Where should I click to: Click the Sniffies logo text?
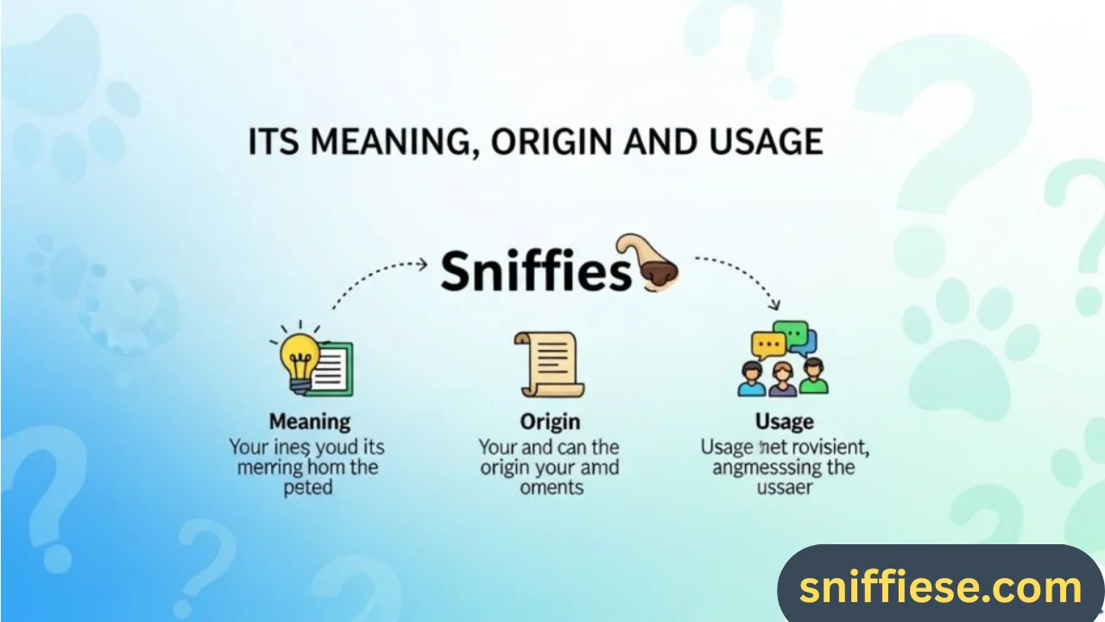pyautogui.click(x=536, y=272)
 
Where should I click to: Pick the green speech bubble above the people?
pyautogui.click(x=792, y=332)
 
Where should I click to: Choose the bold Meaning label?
pyautogui.click(x=310, y=422)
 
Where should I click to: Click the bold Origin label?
pyautogui.click(x=550, y=422)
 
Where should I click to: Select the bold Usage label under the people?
pyautogui.click(x=784, y=422)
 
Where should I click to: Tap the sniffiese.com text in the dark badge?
pyautogui.click(x=940, y=587)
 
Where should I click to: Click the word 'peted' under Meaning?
pyautogui.click(x=307, y=487)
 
